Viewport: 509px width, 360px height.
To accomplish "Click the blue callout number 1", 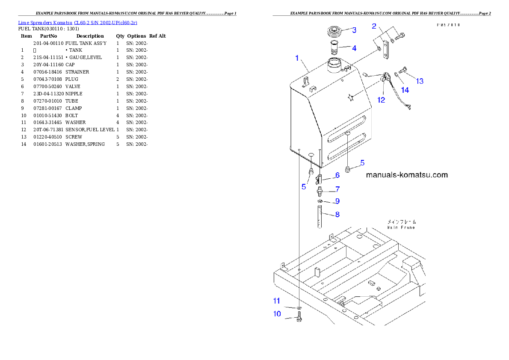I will point(297,58).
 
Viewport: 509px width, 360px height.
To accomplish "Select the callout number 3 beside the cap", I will point(354,30).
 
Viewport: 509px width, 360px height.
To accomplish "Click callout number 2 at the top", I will point(374,27).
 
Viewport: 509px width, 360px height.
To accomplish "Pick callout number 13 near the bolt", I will point(420,81).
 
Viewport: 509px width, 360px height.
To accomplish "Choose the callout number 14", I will point(405,90).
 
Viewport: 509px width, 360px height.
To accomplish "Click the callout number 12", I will point(381,100).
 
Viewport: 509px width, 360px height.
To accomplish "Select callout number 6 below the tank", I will point(337,175).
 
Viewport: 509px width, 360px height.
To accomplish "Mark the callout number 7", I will point(337,189).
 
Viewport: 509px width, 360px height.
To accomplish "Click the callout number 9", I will point(337,201).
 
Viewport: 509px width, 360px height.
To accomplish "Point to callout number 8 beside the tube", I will point(337,214).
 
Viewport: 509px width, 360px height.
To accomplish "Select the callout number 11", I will point(277,301).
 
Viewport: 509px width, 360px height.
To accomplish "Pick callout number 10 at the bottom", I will point(277,314).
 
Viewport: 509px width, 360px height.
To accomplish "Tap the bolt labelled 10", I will point(299,319).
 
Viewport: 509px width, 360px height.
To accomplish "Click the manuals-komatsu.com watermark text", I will point(407,174).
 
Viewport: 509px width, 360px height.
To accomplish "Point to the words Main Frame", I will point(401,227).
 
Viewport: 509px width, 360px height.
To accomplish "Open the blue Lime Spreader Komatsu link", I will point(77,22).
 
